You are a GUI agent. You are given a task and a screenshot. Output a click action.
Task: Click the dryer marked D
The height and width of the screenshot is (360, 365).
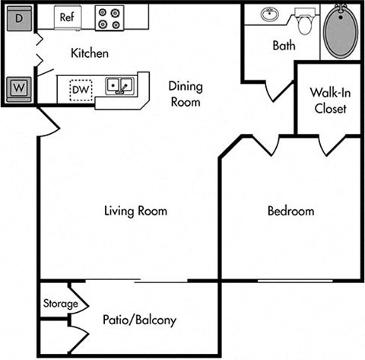tap(20, 18)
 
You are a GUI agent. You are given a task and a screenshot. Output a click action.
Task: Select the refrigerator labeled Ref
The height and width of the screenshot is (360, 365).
tap(66, 15)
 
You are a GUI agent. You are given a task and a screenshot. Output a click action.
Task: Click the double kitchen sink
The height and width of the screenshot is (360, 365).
tap(119, 85)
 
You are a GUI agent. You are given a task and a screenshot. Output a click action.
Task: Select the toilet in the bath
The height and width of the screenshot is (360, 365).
tap(305, 23)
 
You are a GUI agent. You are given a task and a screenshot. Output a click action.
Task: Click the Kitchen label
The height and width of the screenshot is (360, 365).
tap(90, 54)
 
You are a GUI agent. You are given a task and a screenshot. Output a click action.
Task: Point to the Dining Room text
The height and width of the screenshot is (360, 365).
tap(185, 94)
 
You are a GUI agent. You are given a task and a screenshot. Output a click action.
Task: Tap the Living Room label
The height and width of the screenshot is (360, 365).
tap(135, 211)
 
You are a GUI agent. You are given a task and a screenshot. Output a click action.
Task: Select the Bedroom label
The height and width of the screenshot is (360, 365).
tap(290, 212)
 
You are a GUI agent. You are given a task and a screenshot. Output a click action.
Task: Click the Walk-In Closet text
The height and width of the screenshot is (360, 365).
tap(328, 100)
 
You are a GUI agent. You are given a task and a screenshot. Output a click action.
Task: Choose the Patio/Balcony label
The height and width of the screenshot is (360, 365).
tap(139, 320)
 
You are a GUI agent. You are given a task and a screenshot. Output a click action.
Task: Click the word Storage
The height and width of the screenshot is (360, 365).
tap(60, 304)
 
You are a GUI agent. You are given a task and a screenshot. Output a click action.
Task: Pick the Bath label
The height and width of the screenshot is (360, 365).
tap(284, 46)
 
